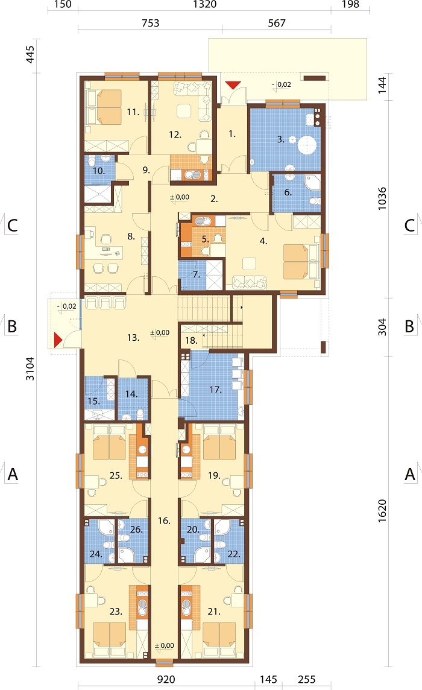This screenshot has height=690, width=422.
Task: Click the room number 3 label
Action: (280, 139)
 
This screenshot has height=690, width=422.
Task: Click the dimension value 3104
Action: (30, 369)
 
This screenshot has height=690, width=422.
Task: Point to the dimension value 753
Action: (151, 23)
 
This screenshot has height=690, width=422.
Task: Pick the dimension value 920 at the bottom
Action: (166, 679)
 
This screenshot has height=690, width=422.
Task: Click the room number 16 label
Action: (164, 521)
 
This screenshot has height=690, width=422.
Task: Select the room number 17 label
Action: (215, 390)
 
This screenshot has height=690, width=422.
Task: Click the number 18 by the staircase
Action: (191, 340)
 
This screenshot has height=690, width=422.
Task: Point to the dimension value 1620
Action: (382, 510)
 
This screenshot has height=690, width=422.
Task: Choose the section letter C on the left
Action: (12, 226)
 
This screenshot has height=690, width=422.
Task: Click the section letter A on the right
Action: (410, 474)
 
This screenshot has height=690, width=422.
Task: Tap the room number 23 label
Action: (116, 611)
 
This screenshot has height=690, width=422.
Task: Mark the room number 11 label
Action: (133, 112)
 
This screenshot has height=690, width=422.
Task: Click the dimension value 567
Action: (277, 23)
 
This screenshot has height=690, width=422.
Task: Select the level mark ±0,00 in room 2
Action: (180, 197)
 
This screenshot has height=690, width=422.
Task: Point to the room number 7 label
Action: (197, 274)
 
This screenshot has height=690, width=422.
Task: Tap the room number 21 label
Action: (214, 611)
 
